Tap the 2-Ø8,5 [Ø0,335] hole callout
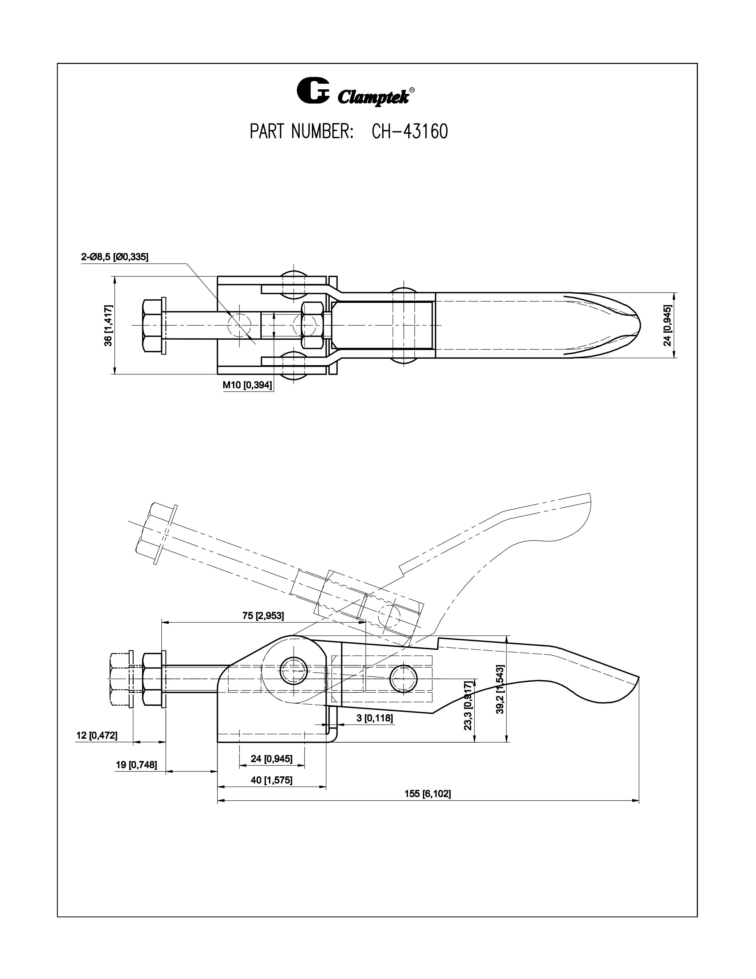[115, 257]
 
